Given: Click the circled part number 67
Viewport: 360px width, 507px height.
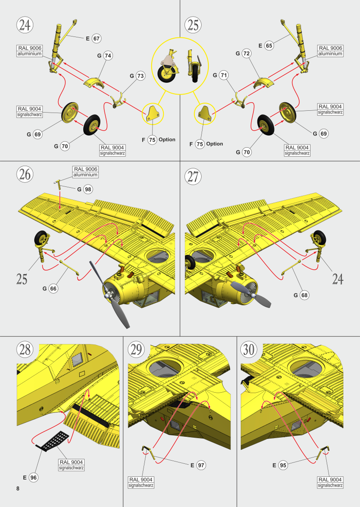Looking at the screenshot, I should pos(96,39).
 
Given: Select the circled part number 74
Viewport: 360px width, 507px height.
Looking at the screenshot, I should pos(108,55).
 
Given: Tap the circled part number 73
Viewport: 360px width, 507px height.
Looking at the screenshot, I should pos(140,76).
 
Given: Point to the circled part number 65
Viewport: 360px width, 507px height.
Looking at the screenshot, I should pos(269,45).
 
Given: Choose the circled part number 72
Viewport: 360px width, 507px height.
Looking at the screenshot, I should pos(246,54).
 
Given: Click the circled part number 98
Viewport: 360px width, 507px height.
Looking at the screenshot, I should pos(88,190).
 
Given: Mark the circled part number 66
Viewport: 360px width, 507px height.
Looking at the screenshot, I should pos(53,289).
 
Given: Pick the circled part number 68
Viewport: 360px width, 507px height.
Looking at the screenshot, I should pos(305,295).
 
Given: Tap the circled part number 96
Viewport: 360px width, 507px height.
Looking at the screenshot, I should pos(33,477).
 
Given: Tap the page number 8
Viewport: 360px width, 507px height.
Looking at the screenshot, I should pos(18,489).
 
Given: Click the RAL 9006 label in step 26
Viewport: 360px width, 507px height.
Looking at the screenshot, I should pos(85,172).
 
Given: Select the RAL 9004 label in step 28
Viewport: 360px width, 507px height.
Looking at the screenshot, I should pos(71,465).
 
